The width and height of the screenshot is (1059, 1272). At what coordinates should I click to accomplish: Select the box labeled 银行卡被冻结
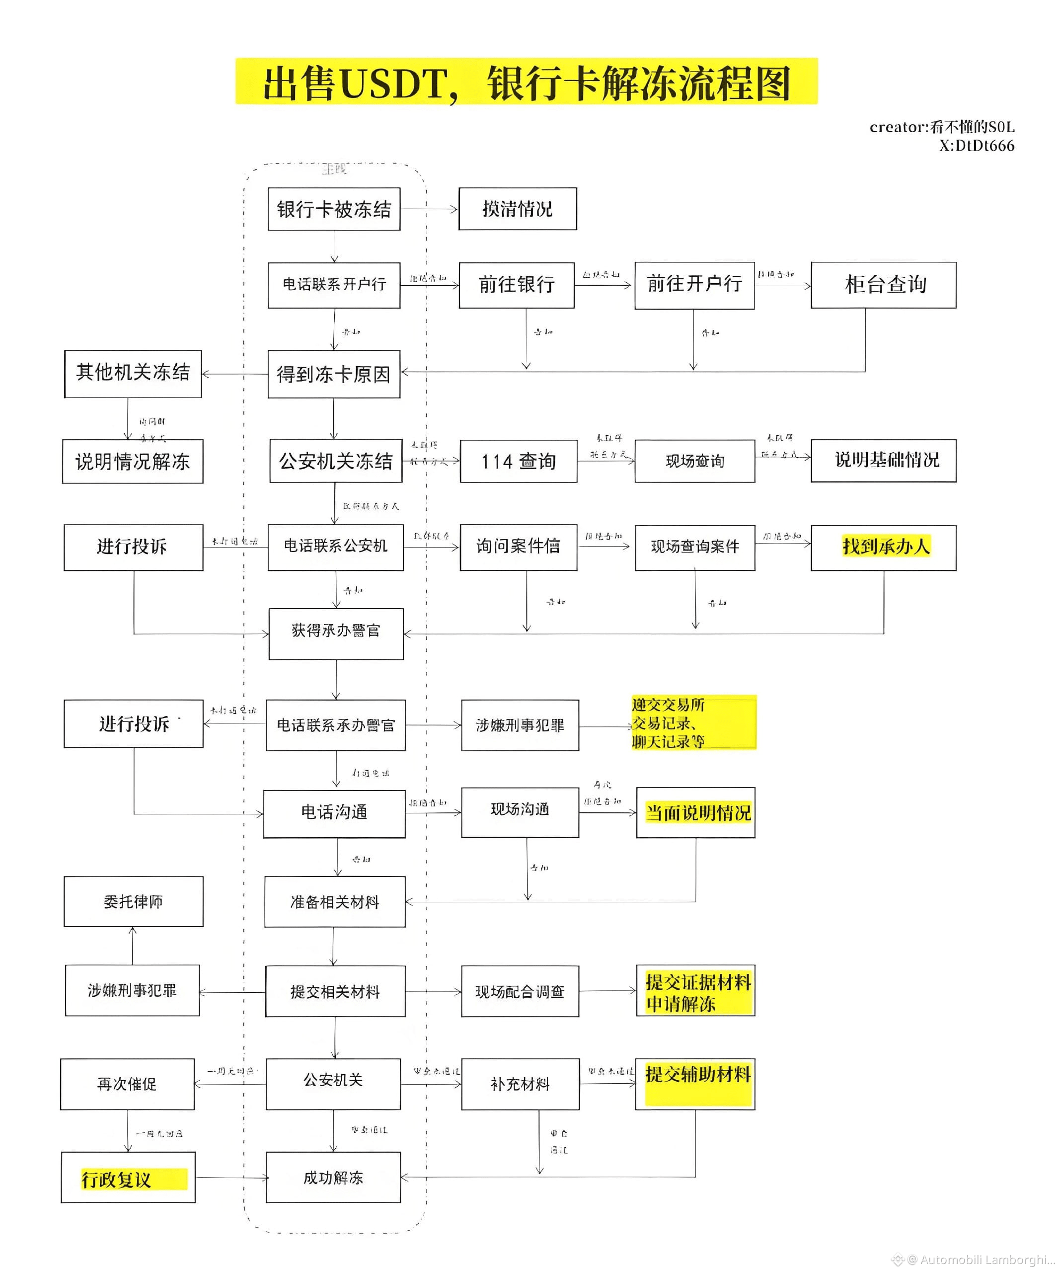(334, 209)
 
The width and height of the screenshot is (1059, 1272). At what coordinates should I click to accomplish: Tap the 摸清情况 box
(517, 209)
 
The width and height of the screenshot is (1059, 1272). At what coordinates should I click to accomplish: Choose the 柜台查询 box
(883, 285)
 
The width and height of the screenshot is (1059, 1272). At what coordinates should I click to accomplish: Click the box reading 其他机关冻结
(133, 373)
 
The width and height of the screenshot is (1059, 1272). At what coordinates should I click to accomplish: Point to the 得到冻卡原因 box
(334, 374)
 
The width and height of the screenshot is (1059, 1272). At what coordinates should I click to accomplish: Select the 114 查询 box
(518, 461)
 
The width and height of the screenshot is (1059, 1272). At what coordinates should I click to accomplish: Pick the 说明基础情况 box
(883, 460)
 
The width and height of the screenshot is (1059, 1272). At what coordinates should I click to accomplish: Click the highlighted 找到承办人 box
(883, 547)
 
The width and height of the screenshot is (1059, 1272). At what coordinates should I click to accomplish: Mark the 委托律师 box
(133, 901)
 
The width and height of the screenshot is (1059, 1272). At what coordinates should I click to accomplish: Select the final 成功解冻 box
(333, 1178)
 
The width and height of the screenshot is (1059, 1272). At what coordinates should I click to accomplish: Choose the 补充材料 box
(520, 1084)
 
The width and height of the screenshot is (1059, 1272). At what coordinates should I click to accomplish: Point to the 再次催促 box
(127, 1084)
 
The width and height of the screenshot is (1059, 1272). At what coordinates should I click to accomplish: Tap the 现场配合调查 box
(520, 991)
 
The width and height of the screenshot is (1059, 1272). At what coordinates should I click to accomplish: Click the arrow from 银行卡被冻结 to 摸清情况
(429, 209)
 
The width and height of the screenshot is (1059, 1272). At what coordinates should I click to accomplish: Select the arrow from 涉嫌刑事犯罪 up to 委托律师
(133, 946)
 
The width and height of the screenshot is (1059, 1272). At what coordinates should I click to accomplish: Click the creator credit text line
(942, 127)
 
